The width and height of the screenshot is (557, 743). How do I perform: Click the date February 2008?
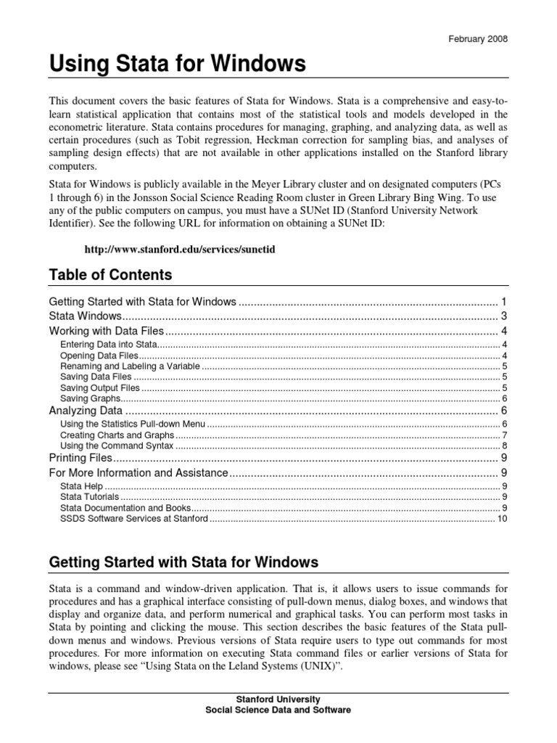coord(476,40)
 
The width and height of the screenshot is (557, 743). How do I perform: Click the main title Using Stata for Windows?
coord(177,65)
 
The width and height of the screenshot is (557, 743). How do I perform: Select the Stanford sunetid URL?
coord(181,249)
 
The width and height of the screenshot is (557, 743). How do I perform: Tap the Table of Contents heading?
coord(110,275)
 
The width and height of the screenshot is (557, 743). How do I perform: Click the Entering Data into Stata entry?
coord(108,344)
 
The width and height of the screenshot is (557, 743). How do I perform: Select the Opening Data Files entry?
coord(98,356)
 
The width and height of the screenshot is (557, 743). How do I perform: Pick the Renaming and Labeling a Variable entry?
coord(129,366)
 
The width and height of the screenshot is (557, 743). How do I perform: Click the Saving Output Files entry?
coord(100,388)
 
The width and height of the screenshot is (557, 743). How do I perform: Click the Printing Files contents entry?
coord(81,459)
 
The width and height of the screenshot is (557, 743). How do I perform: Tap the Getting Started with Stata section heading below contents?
coord(183,562)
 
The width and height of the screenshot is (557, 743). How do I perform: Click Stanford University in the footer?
coord(278,699)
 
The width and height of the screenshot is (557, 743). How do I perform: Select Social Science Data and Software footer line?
coord(278,710)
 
